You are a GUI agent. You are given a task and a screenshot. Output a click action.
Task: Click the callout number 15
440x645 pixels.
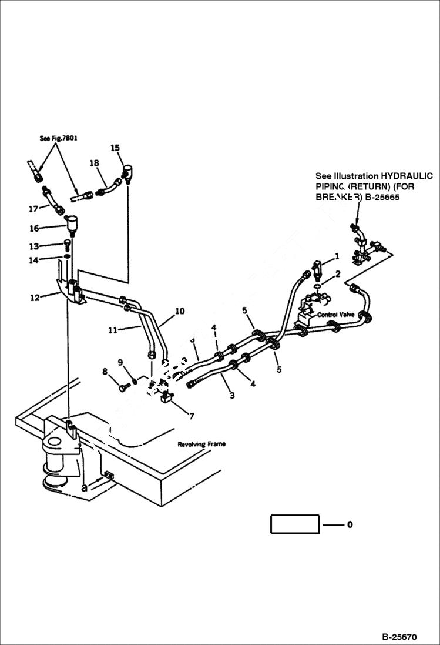(115, 148)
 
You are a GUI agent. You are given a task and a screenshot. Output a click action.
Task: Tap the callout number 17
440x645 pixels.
(33, 208)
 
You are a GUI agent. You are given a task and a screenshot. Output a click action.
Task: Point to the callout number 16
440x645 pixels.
(34, 228)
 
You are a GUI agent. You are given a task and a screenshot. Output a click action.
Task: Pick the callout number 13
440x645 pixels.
(34, 246)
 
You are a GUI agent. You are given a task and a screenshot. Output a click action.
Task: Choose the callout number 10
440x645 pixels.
(179, 310)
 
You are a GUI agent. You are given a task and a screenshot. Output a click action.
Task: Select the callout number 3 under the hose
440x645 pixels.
(232, 396)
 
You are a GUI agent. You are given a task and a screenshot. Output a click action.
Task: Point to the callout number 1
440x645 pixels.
(337, 256)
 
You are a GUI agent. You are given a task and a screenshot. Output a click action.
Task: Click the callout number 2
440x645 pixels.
(337, 274)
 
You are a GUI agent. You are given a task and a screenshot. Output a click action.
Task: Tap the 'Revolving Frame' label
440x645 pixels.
(201, 445)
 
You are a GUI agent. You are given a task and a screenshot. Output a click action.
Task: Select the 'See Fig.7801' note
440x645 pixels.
(59, 138)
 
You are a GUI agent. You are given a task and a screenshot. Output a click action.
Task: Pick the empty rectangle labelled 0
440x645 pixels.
(295, 524)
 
